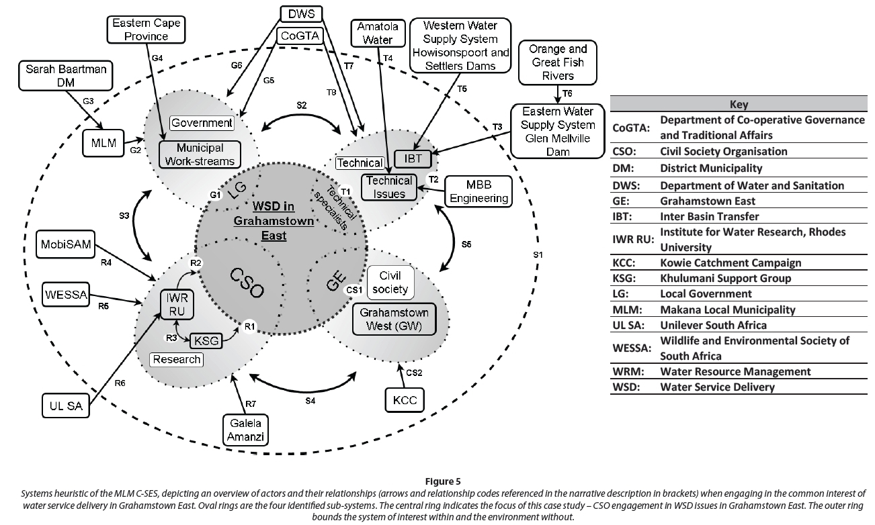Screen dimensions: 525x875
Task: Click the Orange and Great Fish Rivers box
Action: click(x=558, y=62)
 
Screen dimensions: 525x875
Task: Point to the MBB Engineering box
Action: click(x=478, y=191)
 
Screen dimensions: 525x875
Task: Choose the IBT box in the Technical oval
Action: click(x=412, y=160)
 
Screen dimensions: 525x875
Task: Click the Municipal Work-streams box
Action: click(x=200, y=154)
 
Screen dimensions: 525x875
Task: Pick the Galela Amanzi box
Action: click(x=245, y=430)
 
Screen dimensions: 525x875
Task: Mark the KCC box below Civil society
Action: click(x=405, y=401)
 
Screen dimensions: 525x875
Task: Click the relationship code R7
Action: click(x=251, y=403)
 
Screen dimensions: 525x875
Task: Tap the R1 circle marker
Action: click(x=249, y=326)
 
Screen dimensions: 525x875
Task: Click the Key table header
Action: click(x=738, y=105)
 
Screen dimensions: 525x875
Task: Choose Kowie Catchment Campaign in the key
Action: click(x=731, y=262)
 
